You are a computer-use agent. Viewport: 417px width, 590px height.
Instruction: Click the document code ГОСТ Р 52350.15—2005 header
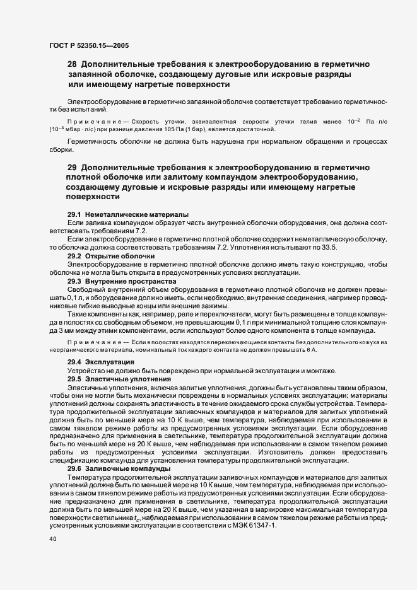point(90,45)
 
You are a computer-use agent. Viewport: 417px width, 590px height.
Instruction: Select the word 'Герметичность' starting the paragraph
point(91,142)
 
